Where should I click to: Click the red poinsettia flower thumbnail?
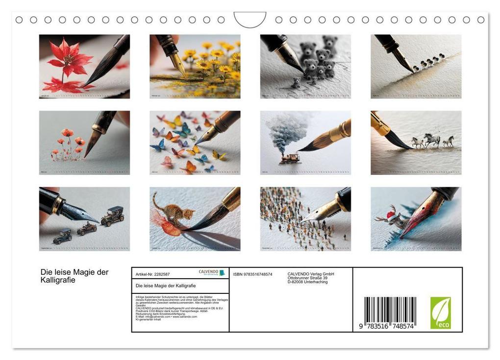pyautogui.click(x=84, y=66)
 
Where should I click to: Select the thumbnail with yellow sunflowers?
pyautogui.click(x=195, y=66)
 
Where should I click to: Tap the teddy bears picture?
pyautogui.click(x=305, y=66)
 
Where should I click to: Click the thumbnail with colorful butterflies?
pyautogui.click(x=195, y=142)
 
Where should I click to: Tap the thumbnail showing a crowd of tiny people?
pyautogui.click(x=305, y=218)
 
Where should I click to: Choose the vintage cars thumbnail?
pyautogui.click(x=84, y=218)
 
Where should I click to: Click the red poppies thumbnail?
pyautogui.click(x=84, y=142)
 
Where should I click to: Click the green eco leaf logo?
pyautogui.click(x=440, y=312)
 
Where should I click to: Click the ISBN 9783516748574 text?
pyautogui.click(x=252, y=274)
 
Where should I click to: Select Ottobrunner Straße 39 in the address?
pyautogui.click(x=307, y=278)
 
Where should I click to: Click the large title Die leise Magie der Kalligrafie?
pyautogui.click(x=74, y=276)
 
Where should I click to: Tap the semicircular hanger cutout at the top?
pyautogui.click(x=250, y=20)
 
